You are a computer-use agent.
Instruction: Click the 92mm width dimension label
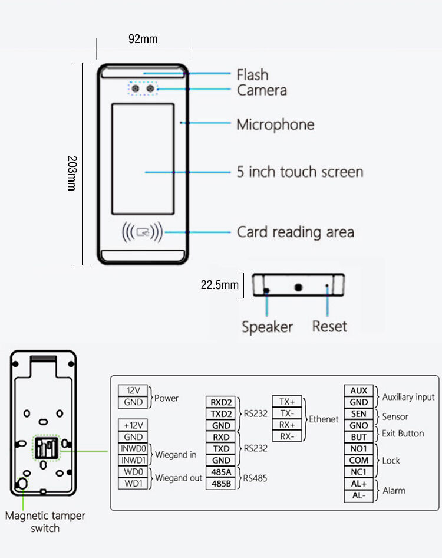pos(143,40)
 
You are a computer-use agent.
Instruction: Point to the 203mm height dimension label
pos(71,173)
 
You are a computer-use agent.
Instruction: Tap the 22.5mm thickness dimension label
pos(219,285)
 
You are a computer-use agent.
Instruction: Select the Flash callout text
pos(252,75)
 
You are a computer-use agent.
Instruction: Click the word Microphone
pos(275,124)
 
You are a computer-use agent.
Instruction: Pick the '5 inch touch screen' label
pos(300,172)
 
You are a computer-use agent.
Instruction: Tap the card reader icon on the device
pos(142,232)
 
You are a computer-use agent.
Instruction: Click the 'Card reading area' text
pos(295,232)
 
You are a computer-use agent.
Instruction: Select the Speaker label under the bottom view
pos(267,327)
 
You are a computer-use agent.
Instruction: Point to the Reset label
pos(329,327)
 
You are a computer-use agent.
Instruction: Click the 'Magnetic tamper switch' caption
pos(45,521)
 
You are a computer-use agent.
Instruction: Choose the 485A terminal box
pos(222,472)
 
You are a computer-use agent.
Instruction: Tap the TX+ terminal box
pos(287,402)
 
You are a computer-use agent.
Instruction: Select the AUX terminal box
pos(358,390)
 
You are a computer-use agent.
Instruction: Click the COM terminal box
pos(358,460)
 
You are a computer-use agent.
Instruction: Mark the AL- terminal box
pos(358,495)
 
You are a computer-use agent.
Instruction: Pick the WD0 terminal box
pos(134,472)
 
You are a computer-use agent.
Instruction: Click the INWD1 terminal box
pos(134,460)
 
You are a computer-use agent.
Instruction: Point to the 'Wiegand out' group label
pos(179,478)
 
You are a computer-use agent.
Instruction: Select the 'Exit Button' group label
pos(403,434)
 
